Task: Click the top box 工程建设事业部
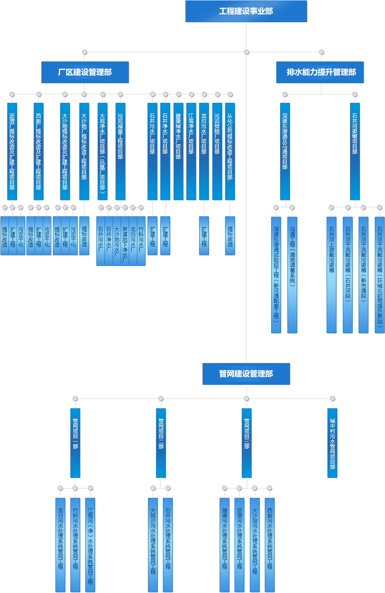246,12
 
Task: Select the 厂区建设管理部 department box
85,72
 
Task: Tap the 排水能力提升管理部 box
321,72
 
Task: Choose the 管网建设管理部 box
246,374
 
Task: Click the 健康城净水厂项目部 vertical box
178,151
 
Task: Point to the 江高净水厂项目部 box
191,151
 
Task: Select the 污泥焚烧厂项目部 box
217,151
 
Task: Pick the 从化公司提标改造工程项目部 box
230,151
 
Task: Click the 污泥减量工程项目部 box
120,151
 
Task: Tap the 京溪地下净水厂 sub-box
124,241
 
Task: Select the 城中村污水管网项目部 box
332,443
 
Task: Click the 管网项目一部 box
75,443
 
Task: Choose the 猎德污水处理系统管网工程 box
224,544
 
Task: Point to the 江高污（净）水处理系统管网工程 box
90,544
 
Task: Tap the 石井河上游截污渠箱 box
331,274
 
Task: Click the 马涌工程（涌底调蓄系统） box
292,274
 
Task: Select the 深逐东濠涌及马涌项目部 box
285,151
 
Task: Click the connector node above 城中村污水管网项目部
333,398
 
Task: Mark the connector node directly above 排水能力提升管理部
321,52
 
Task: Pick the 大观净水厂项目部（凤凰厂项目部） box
102,151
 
